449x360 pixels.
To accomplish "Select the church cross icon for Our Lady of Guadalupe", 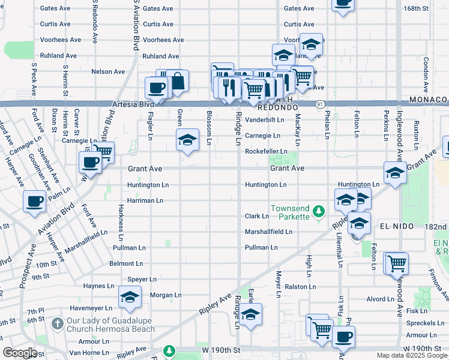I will (x=57, y=324).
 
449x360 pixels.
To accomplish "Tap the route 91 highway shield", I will (x=322, y=104).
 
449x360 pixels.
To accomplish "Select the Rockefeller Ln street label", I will (x=266, y=151).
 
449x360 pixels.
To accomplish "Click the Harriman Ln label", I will (x=145, y=200).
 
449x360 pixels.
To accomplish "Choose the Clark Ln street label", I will (x=256, y=216).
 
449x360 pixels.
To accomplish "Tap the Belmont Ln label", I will (x=126, y=263).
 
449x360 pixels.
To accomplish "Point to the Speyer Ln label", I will (x=142, y=280).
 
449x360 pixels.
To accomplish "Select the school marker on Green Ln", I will (x=187, y=140).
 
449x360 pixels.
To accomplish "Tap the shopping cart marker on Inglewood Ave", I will (x=396, y=262).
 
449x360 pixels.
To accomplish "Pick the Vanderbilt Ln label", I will (x=264, y=120).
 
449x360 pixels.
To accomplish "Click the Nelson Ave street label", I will (x=108, y=71).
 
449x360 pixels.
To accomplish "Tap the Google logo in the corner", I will (x=20, y=353).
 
